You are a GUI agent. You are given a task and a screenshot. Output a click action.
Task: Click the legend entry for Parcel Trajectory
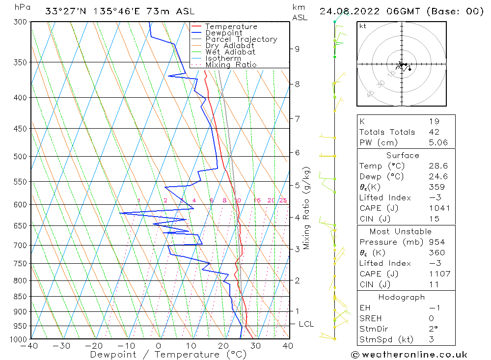click(x=241, y=39)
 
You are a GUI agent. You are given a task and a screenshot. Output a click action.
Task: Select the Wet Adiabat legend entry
click(x=230, y=52)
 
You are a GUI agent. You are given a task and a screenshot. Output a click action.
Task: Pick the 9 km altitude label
click(x=297, y=49)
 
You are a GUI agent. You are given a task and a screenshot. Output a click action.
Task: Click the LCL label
click(x=306, y=324)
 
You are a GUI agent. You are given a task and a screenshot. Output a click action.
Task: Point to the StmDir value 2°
click(x=432, y=329)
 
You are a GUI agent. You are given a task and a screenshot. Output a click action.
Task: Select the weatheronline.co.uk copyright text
click(x=409, y=355)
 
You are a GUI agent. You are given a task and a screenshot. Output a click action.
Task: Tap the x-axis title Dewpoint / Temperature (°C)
click(x=168, y=355)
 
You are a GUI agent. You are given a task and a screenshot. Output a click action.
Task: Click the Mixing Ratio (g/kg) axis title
click(x=307, y=208)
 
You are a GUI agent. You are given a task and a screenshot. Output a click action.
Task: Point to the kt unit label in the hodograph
click(x=363, y=26)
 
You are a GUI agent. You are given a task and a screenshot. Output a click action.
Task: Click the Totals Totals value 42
click(x=434, y=132)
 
